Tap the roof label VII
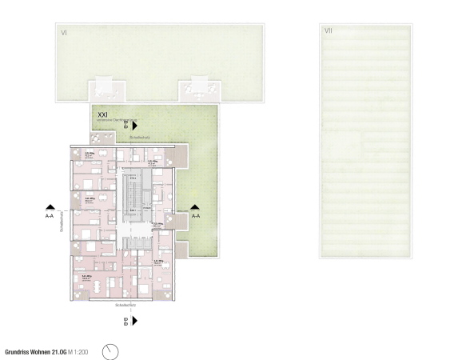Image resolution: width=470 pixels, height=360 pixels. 329,31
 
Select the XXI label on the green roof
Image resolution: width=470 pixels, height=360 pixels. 102,115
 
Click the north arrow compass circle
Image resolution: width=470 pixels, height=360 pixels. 111,350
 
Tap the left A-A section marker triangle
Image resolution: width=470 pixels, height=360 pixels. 50,206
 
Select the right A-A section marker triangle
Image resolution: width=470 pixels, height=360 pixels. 195,206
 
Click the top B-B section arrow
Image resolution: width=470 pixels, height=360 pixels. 136,126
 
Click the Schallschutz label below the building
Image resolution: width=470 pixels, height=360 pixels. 127,305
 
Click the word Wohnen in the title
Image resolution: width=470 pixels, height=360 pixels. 46,350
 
